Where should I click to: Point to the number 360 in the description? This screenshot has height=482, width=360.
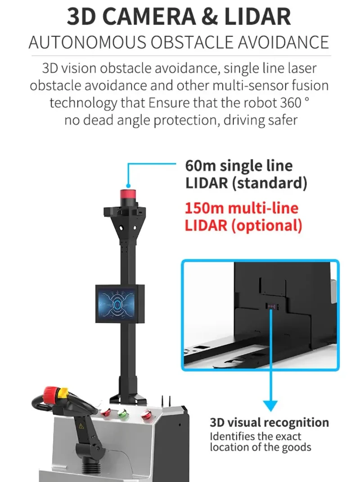point(291,103)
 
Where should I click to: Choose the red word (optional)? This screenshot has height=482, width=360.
point(266,225)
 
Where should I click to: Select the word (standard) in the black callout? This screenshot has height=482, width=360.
point(270,183)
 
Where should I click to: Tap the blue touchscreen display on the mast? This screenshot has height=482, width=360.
point(117,304)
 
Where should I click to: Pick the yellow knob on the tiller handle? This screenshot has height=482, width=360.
point(63,392)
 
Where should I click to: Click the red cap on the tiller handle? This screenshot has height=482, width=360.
point(49,395)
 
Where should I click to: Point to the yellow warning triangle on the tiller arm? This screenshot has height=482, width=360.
point(81,426)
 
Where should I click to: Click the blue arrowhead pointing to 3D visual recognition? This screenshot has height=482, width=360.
point(270,405)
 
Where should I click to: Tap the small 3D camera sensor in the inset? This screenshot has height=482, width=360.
point(272,306)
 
